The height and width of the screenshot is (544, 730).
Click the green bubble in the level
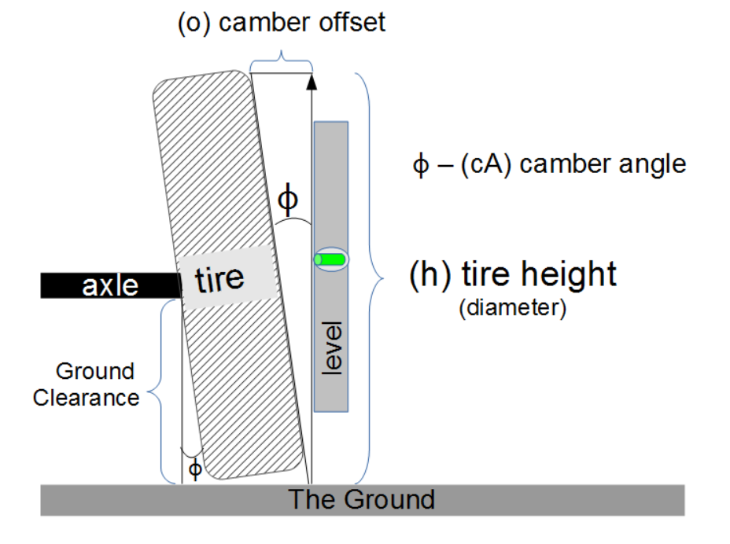pyautogui.click(x=331, y=259)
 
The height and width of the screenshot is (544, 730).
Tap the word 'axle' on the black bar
pyautogui.click(x=110, y=285)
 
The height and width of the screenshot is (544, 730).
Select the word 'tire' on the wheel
pyautogui.click(x=219, y=278)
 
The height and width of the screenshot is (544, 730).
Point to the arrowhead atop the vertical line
pyautogui.click(x=312, y=79)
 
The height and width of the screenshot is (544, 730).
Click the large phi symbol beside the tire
pyautogui.click(x=289, y=200)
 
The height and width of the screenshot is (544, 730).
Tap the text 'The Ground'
pyautogui.click(x=361, y=499)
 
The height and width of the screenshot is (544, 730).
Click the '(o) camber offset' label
pyautogui.click(x=282, y=22)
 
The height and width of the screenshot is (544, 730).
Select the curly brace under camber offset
pyautogui.click(x=281, y=60)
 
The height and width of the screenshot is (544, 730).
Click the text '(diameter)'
pyautogui.click(x=512, y=309)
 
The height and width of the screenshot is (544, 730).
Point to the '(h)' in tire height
pyautogui.click(x=431, y=275)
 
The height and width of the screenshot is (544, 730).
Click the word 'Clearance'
pyautogui.click(x=86, y=397)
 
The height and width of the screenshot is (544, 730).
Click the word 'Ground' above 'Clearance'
pyautogui.click(x=95, y=371)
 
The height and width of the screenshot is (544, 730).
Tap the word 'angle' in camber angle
pyautogui.click(x=650, y=164)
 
